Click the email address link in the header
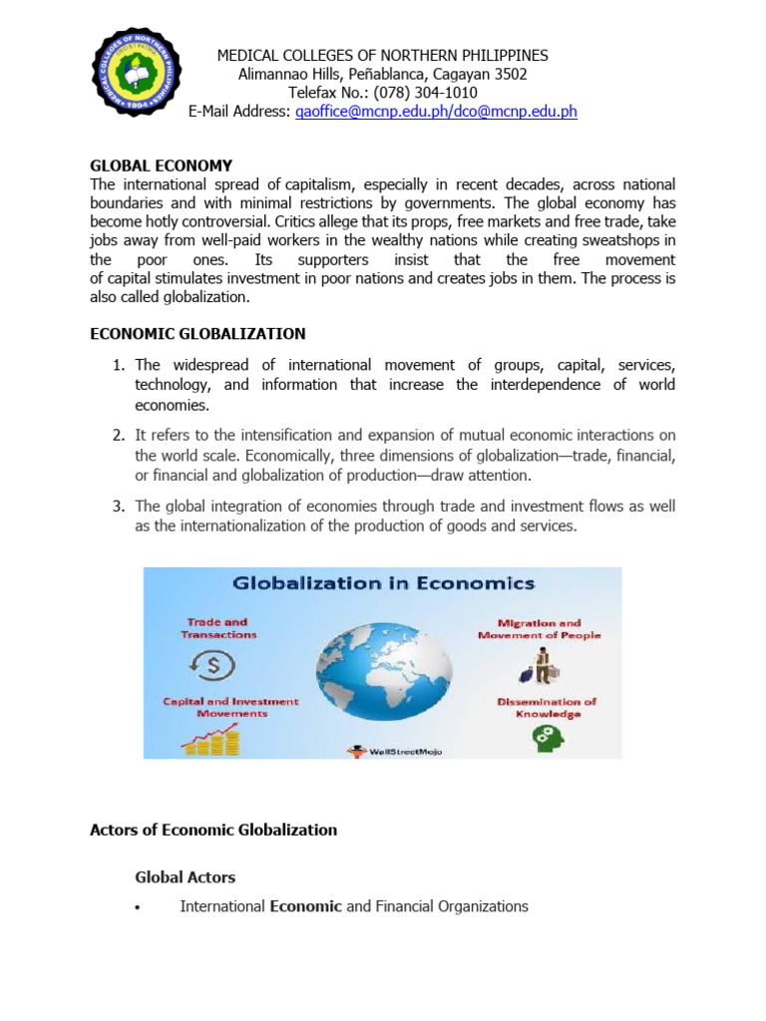point(436,112)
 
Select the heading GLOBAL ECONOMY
point(161,166)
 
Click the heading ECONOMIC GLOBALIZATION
point(197,334)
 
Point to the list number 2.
point(117,435)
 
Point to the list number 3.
point(117,507)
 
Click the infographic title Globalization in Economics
point(383,583)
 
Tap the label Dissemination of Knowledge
point(547,707)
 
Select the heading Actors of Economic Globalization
point(213,830)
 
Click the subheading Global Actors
point(185,877)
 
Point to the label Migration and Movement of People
point(540,629)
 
